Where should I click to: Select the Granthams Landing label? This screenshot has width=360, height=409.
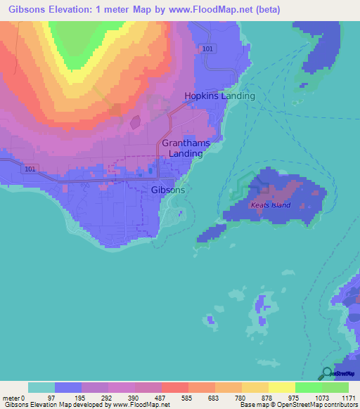pos(186,148)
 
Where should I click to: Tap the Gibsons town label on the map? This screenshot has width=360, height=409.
pos(168,190)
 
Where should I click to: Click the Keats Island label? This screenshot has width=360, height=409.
pos(271,205)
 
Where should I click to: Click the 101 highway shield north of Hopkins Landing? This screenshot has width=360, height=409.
pos(207,48)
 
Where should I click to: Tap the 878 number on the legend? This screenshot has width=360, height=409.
pos(269,398)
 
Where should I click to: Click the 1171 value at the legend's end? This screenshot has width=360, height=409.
pos(349,398)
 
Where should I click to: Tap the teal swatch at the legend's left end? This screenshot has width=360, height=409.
pos(41,387)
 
